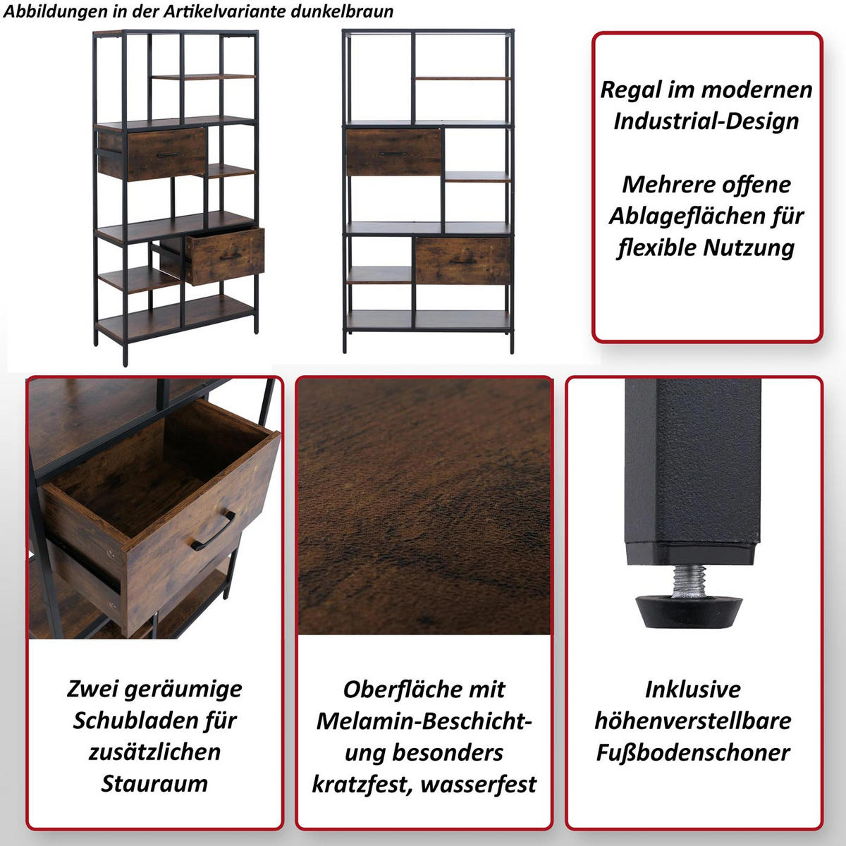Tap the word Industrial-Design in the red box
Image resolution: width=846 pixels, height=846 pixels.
pos(706,121)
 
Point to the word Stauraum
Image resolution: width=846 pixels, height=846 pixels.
pos(154,783)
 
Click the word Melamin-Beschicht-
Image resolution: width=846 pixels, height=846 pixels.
pos(424,721)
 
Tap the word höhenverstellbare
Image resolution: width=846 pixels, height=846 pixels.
pos(693,721)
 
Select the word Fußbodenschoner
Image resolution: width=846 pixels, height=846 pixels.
pos(693,752)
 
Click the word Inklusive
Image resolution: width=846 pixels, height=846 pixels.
pos(693,689)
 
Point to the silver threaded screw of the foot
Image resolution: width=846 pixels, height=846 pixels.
pos(688,581)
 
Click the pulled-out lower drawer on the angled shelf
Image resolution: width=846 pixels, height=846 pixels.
pos(224,256)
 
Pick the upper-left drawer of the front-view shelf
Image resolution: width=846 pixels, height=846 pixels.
pos(393,152)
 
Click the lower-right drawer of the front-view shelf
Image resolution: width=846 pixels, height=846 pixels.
pos(462,260)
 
